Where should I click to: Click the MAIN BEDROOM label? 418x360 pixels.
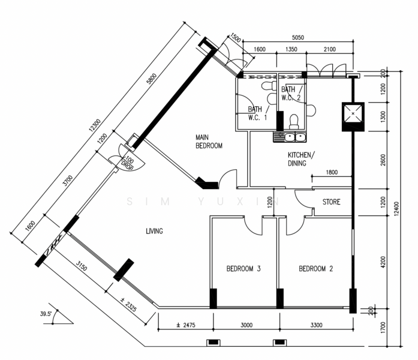tap(209, 142)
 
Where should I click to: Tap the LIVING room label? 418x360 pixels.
tap(154, 231)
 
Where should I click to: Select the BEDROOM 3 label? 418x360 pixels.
tap(243, 269)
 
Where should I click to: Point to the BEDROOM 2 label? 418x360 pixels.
tap(316, 269)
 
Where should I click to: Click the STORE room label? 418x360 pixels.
tap(332, 202)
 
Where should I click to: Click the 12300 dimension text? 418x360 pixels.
tap(95, 125)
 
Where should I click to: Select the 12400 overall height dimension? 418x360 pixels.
tap(396, 209)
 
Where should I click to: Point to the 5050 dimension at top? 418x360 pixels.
tap(298, 38)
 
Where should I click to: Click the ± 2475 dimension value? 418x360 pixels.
tap(186, 325)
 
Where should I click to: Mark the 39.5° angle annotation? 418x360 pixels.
tap(46, 314)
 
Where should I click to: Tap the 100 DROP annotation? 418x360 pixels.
tap(128, 163)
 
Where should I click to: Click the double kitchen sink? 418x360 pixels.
tap(290, 137)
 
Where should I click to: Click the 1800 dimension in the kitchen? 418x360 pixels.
tap(332, 172)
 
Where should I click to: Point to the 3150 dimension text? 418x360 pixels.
tap(82, 266)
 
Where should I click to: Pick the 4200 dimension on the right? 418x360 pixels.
tap(383, 262)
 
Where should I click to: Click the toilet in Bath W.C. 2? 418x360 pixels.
tap(294, 122)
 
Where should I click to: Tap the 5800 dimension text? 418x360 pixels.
tap(152, 79)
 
